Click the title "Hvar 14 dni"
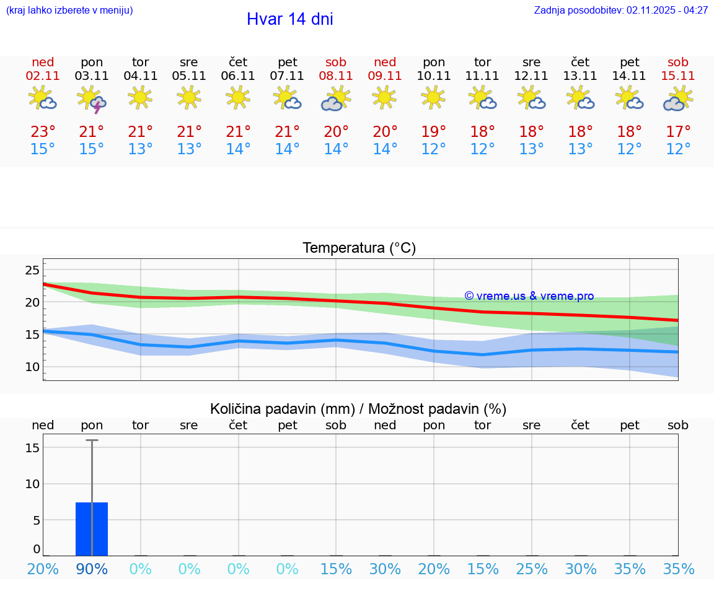tap(289, 19)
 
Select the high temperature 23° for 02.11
tap(43, 132)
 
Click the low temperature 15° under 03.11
tap(92, 149)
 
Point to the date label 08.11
tap(336, 76)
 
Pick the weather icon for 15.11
tap(678, 99)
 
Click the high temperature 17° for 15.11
tap(678, 132)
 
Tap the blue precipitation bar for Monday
tap(92, 529)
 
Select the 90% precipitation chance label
tap(92, 569)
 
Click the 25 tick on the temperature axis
tap(32, 270)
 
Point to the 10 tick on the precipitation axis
tap(32, 484)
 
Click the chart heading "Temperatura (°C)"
tap(359, 248)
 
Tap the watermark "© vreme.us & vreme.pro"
tap(529, 296)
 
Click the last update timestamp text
tap(621, 11)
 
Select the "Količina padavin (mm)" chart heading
tap(282, 409)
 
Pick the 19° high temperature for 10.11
tap(434, 132)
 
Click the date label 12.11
tap(531, 76)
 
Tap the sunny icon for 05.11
tap(189, 97)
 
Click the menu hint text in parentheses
tap(69, 11)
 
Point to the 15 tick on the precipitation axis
tap(32, 447)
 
